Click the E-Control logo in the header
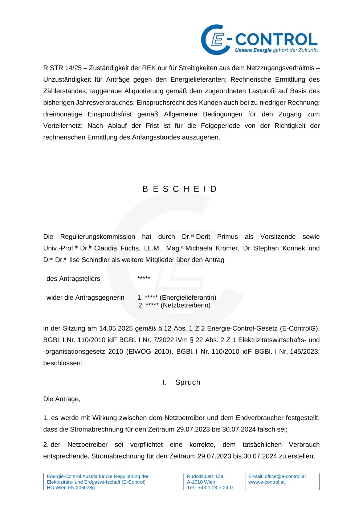coord(259,40)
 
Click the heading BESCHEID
coord(180,189)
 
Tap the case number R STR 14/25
coord(62,68)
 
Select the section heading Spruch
coord(188,382)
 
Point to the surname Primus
coord(227,237)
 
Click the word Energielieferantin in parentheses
coord(188,297)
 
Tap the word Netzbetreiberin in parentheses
coord(185,305)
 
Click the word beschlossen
coord(62,363)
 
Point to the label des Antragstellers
coord(73,279)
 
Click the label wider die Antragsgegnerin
coord(85,297)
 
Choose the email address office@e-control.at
coord(285,476)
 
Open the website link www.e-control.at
coord(266,482)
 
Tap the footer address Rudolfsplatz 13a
coord(205,476)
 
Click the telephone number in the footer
coord(210,488)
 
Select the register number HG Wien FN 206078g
coord(71,488)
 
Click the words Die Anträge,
coord(62,399)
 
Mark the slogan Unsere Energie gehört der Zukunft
coord(276,50)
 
